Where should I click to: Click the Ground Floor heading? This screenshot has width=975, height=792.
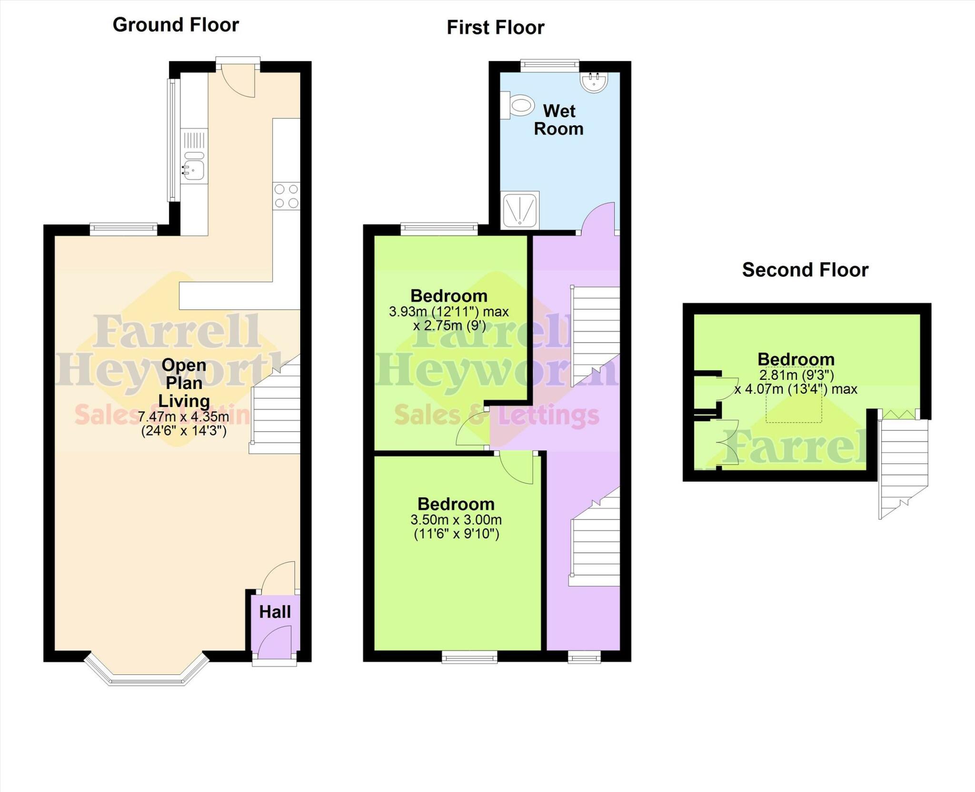(x=176, y=25)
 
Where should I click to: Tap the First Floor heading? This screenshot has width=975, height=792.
(x=495, y=28)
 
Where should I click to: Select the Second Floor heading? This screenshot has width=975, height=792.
(x=805, y=270)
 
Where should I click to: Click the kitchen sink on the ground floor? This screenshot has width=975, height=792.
(x=194, y=168)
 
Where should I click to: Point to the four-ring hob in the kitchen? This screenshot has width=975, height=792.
(x=287, y=196)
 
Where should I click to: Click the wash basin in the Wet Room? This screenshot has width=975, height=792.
(x=594, y=81)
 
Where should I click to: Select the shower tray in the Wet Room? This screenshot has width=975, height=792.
(x=520, y=210)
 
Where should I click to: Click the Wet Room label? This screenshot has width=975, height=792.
(x=558, y=120)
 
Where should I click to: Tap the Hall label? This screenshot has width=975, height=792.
(x=275, y=612)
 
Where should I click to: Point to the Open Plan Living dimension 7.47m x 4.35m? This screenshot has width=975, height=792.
(x=184, y=417)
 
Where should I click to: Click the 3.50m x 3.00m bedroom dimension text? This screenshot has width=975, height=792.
(x=456, y=520)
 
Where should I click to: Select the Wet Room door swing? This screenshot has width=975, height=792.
(x=599, y=218)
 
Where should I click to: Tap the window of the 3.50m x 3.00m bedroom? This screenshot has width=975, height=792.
(x=469, y=657)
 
